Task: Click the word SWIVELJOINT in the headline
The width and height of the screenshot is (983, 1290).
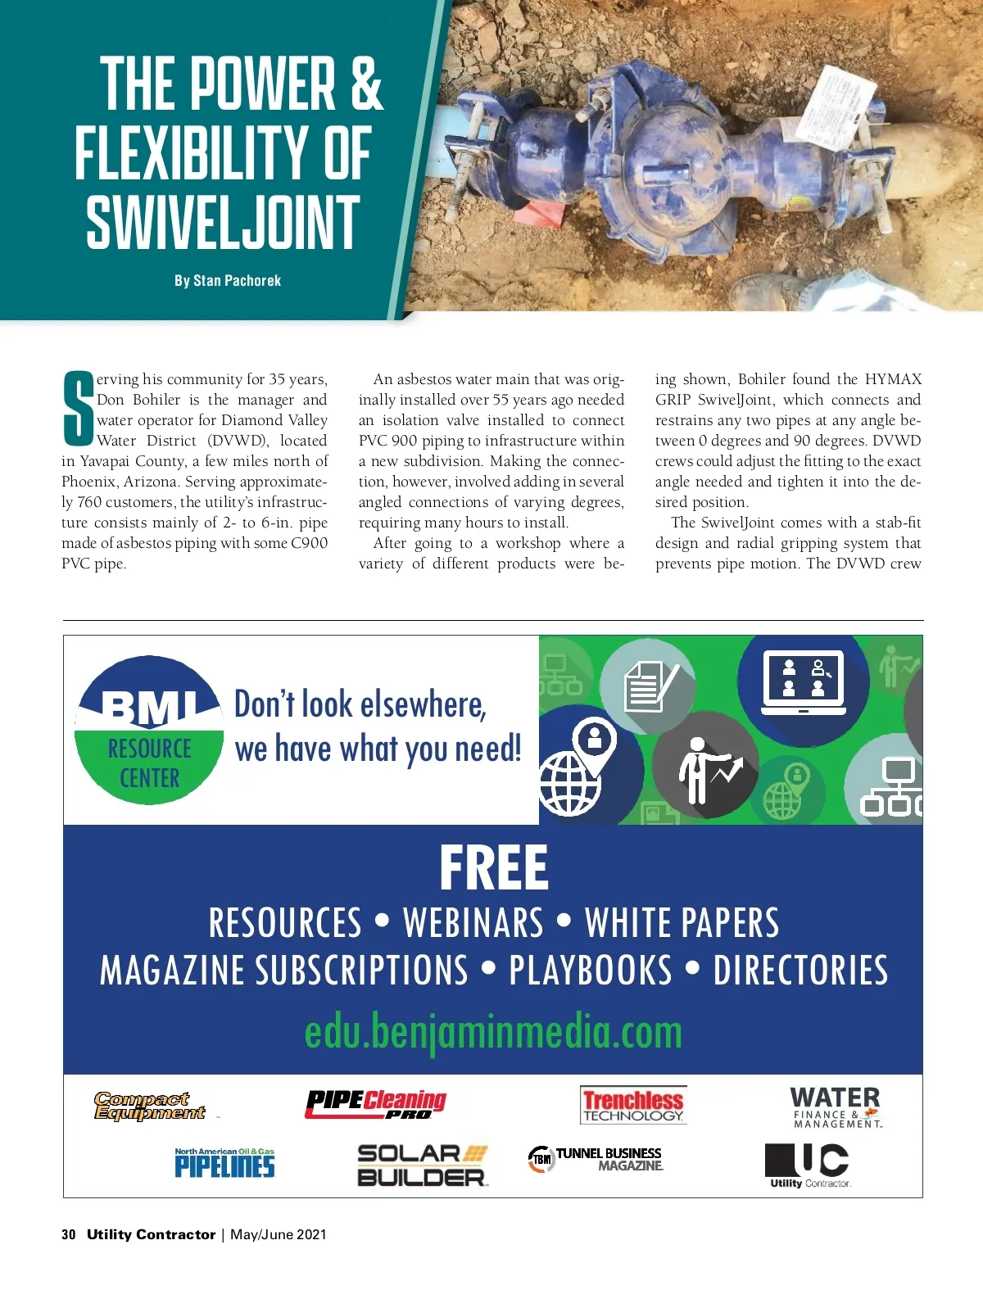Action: pyautogui.click(x=223, y=223)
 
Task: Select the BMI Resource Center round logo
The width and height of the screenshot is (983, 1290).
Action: pyautogui.click(x=149, y=730)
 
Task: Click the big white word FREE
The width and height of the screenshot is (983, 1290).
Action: pyautogui.click(x=493, y=868)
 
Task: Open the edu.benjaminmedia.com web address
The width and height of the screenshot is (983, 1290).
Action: pyautogui.click(x=493, y=1032)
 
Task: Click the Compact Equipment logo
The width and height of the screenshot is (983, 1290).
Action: pyautogui.click(x=149, y=1106)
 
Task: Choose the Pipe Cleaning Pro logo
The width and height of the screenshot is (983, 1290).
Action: pyautogui.click(x=376, y=1104)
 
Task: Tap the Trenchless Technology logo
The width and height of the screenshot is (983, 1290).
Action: pyautogui.click(x=633, y=1105)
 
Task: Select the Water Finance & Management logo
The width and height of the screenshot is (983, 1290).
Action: pyautogui.click(x=836, y=1107)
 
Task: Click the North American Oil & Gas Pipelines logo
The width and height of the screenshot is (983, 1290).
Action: pyautogui.click(x=224, y=1162)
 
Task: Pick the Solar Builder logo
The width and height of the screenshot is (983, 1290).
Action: pyautogui.click(x=422, y=1165)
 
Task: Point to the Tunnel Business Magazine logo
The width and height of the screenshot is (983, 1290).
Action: pyautogui.click(x=596, y=1159)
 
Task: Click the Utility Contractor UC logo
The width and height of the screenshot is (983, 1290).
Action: pyautogui.click(x=809, y=1165)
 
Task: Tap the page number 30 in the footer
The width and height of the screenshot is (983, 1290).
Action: pyautogui.click(x=69, y=1234)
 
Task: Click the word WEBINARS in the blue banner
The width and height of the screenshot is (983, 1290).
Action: pyautogui.click(x=473, y=923)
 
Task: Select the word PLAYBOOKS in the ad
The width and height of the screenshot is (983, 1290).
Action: pyautogui.click(x=590, y=971)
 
